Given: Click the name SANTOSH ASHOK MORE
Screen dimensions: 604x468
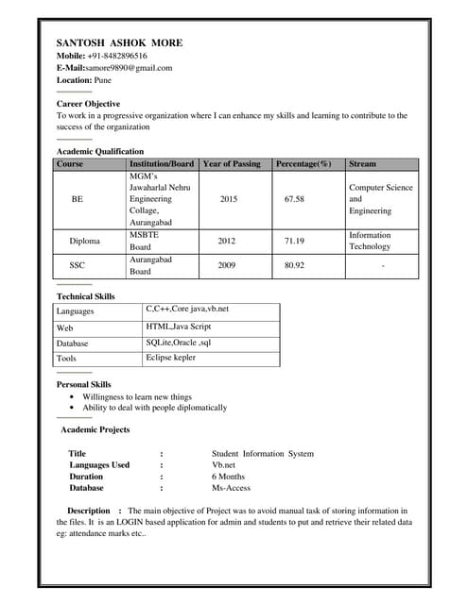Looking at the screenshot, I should (x=119, y=43).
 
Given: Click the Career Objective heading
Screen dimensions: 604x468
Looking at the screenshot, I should (x=88, y=103).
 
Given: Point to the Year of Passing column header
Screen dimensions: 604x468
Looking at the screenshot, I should (x=231, y=163).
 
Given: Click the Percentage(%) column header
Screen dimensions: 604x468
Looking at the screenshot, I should (x=303, y=163).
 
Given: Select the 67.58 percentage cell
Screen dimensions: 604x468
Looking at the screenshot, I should (x=294, y=199).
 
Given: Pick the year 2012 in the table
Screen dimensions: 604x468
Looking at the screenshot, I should (x=227, y=241).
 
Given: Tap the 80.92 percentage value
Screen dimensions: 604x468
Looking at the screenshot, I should (x=294, y=265).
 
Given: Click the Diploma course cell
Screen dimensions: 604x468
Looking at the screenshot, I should (x=84, y=241).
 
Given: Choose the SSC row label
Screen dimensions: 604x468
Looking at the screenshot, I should (x=78, y=265).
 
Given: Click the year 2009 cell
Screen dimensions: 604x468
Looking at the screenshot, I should (x=227, y=265).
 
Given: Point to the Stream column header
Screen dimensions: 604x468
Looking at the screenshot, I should (x=362, y=163).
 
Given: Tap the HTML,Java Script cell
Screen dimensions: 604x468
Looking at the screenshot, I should (x=179, y=326).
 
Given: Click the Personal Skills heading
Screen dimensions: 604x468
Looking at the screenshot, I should (x=83, y=384).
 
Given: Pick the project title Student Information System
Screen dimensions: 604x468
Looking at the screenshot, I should (x=263, y=454).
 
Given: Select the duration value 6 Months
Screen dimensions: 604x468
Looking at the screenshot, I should (x=228, y=477).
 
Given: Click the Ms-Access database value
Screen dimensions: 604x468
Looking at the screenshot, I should (x=232, y=488).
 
